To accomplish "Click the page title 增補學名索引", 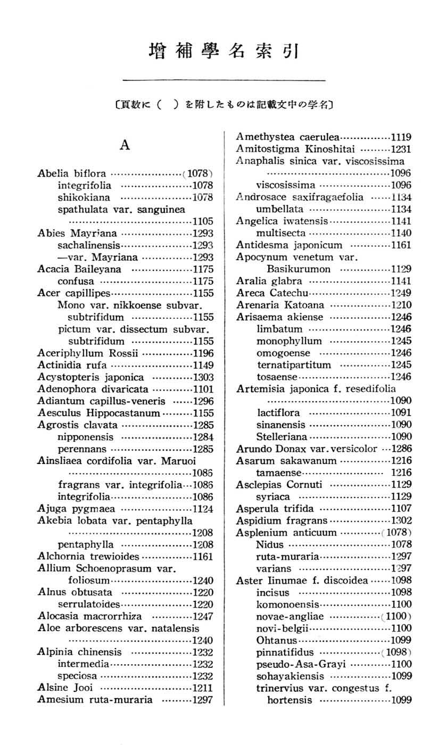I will (223, 52).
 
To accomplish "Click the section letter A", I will (126, 145).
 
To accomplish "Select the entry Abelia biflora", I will (72, 173).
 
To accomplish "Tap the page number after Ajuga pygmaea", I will (203, 508).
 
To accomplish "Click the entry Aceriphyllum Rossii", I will (88, 353).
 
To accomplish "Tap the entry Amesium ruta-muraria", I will (95, 700).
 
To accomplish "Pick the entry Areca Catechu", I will (272, 293).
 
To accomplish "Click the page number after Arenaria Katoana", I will (401, 305).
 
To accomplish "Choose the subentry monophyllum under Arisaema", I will (289, 341).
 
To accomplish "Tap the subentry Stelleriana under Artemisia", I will (282, 437).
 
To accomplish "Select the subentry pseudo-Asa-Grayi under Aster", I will (301, 664).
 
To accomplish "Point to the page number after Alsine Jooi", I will (203, 688).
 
